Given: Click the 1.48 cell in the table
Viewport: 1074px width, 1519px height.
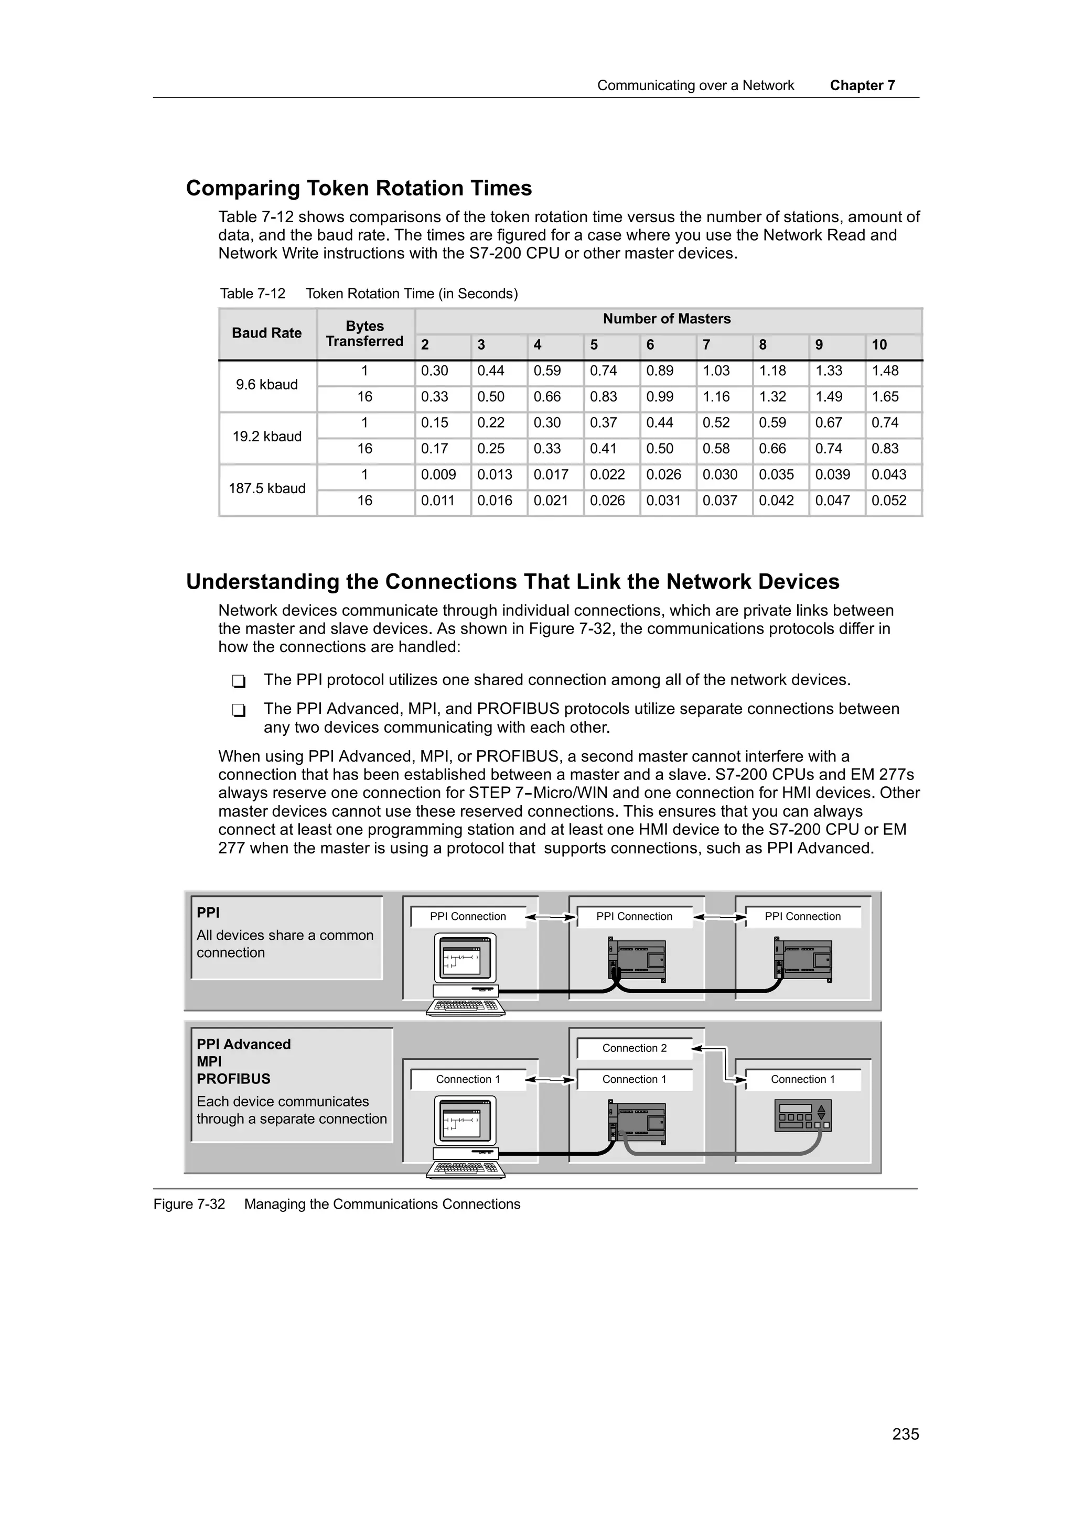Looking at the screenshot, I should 885,371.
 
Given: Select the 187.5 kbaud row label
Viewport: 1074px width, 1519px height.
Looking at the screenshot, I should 267,489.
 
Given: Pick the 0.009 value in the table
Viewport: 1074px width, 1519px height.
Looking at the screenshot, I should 438,475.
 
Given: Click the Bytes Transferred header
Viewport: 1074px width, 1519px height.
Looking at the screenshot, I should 364,334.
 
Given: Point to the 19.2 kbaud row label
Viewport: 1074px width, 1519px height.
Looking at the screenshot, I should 267,437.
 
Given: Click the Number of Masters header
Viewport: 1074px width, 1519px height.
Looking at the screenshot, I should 667,319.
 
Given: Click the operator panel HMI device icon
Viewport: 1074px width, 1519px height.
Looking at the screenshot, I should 803,1116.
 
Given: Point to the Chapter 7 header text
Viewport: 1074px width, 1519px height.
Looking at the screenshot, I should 862,85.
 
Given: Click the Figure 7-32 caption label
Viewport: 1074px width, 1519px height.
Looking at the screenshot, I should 189,1204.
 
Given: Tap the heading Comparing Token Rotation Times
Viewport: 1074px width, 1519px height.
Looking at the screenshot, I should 359,189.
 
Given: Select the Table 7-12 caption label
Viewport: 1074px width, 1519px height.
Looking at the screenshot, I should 252,294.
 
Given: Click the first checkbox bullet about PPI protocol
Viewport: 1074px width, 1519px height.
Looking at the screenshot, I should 239,681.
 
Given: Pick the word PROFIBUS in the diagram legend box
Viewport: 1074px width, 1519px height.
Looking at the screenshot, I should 233,1079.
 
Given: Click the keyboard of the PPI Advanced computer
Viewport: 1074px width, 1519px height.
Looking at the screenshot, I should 465,1169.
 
